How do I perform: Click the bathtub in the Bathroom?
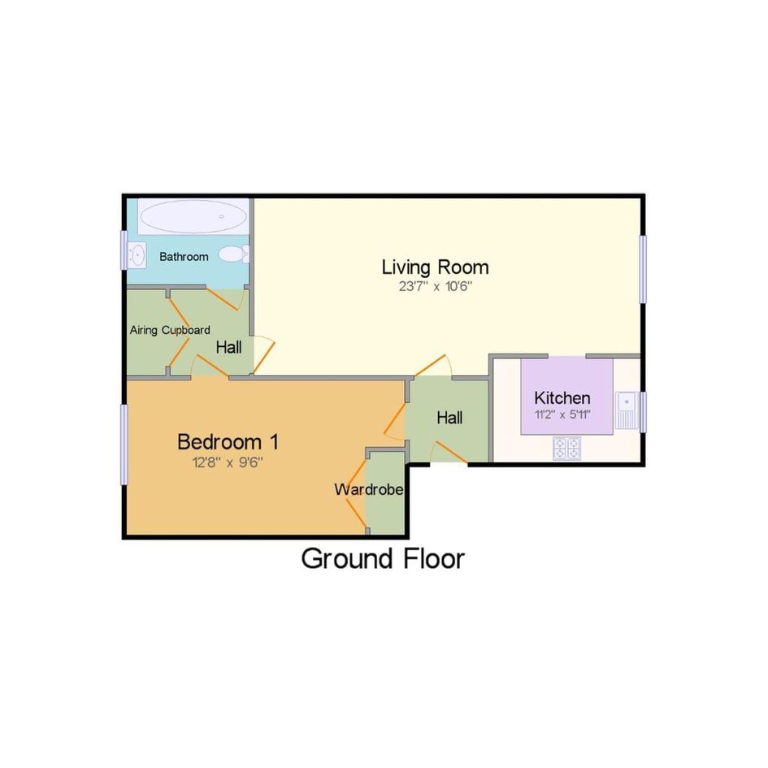[x=193, y=216]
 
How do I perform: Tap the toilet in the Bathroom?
[x=233, y=254]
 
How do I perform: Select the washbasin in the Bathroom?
[x=137, y=255]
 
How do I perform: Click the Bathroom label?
[x=184, y=257]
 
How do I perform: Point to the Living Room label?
[x=435, y=267]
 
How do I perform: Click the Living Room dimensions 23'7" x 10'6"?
[x=435, y=287]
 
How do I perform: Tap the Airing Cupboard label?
[x=170, y=330]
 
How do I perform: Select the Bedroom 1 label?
[x=228, y=442]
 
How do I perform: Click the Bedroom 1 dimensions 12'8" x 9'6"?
[x=228, y=462]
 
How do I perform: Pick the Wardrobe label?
[x=369, y=489]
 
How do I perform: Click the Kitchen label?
[x=562, y=397]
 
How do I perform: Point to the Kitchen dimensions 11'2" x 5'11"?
[x=562, y=414]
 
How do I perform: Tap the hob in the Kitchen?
[x=566, y=449]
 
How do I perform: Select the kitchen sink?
[x=627, y=410]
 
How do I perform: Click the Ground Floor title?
[x=383, y=559]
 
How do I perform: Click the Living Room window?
[x=643, y=269]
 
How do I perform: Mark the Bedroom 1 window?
[x=124, y=445]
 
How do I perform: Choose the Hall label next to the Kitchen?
[x=449, y=418]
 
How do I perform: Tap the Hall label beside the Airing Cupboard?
[x=228, y=348]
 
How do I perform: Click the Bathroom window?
[x=124, y=249]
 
